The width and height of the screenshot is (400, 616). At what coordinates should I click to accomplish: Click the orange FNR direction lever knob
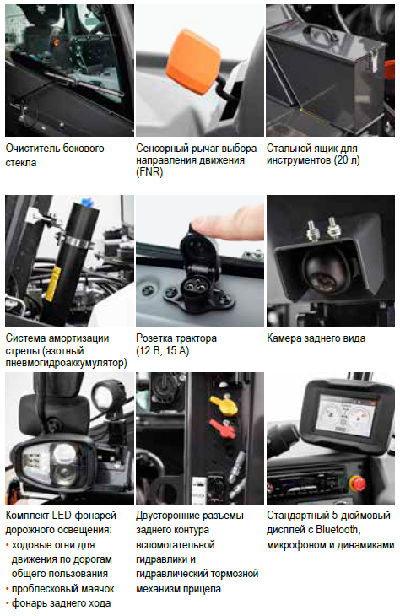point(193,61)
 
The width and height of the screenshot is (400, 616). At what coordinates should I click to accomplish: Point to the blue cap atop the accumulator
point(87,203)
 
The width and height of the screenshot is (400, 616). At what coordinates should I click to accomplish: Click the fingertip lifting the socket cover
point(220,223)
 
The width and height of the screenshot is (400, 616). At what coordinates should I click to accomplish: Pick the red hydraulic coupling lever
point(223,429)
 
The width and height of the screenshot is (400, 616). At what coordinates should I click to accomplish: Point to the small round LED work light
point(103,395)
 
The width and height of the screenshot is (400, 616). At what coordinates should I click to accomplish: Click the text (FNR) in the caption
point(149,172)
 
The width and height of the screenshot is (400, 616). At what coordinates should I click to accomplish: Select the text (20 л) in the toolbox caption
point(346,160)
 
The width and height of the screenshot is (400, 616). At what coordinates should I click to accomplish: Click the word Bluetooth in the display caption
point(338,530)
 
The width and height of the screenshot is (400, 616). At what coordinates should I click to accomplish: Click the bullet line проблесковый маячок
point(62,589)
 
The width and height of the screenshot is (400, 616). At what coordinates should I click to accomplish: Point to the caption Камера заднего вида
point(316,338)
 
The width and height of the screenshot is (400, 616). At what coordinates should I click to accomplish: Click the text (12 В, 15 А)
point(163,350)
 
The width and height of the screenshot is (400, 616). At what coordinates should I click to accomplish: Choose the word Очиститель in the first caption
point(30,149)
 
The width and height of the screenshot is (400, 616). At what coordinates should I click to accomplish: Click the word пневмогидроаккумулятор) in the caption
point(66,363)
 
